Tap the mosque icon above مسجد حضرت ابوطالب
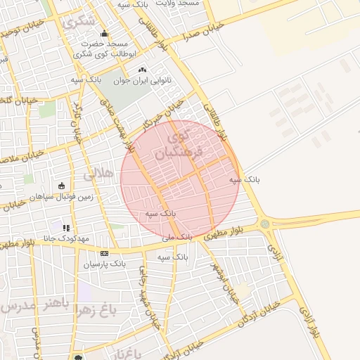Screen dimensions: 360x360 (x=104, y=33)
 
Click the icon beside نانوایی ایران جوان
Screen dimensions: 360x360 (x=143, y=70)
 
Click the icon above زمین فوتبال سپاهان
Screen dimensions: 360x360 (x=61, y=186)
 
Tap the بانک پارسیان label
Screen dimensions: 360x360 (x=105, y=264)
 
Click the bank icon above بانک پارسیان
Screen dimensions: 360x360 (x=105, y=253)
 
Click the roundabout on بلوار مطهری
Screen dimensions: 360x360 (x=264, y=224)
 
